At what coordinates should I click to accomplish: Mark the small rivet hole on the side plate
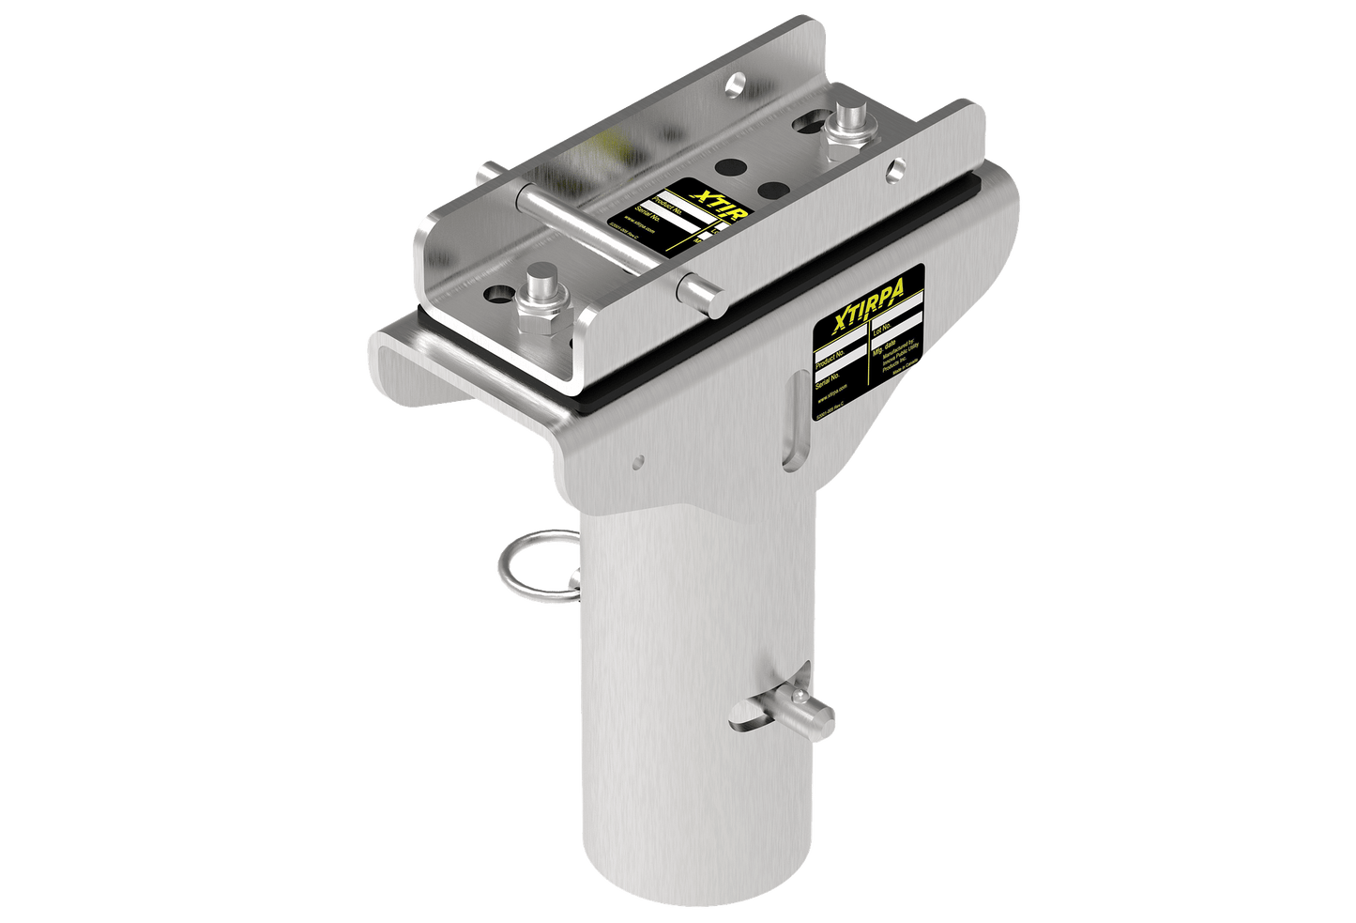click(x=638, y=460)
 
